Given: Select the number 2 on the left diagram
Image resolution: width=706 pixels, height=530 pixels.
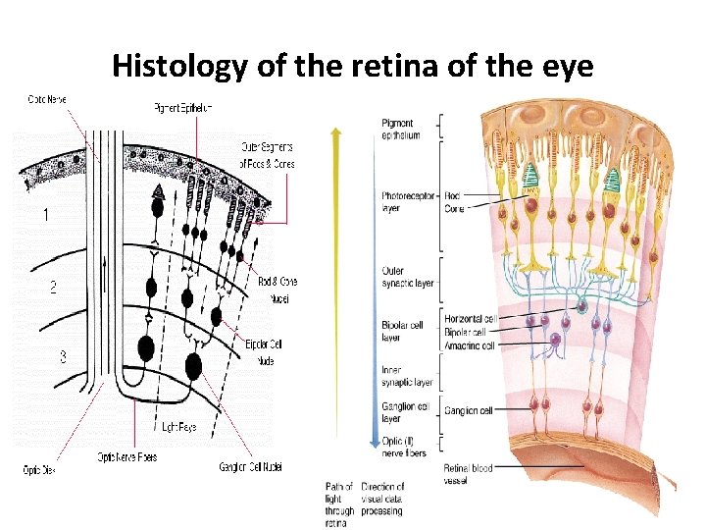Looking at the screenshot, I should [53, 288].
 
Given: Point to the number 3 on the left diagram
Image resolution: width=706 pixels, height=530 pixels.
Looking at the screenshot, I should [64, 356].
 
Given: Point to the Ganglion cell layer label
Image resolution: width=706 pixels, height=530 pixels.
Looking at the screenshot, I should [403, 411].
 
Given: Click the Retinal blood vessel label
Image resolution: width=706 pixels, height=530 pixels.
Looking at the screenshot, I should [468, 474].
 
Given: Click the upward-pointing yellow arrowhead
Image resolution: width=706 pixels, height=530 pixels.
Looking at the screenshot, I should [337, 131].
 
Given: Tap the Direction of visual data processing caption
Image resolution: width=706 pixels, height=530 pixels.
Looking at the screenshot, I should [382, 499].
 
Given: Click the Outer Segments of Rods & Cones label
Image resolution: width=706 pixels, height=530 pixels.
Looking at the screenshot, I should [268, 156].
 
